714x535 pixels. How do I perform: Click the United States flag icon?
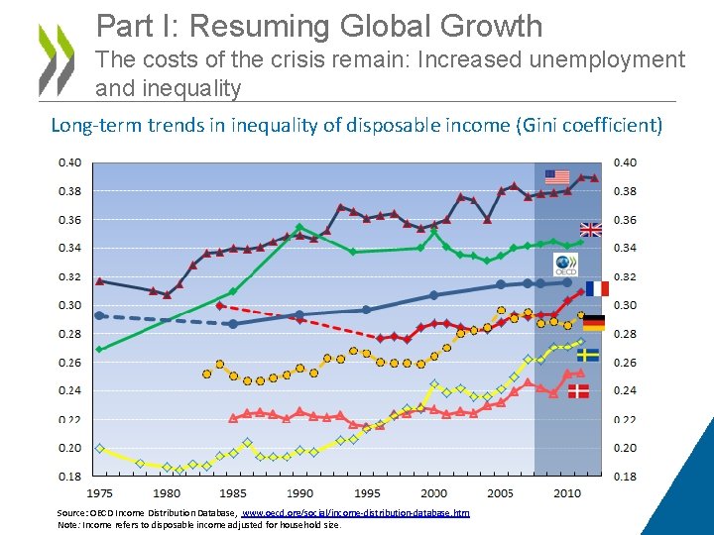pos(557,177)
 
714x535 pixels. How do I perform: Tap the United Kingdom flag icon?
pos(590,230)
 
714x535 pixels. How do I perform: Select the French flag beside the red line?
pos(597,288)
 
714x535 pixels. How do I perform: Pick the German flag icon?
pos(594,323)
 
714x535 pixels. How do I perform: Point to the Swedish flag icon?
pos(588,354)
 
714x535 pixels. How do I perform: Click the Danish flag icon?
pos(577,391)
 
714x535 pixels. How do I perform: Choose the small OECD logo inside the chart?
pos(565,265)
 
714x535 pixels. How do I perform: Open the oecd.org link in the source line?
pos(356,512)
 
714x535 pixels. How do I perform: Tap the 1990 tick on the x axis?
pos(299,492)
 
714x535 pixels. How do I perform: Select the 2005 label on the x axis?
pos(501,492)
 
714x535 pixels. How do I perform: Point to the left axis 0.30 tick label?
pos(69,305)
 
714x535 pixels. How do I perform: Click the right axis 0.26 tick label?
pos(628,363)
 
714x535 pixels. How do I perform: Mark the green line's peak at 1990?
pos(299,227)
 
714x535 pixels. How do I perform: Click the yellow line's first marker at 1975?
pos(99,449)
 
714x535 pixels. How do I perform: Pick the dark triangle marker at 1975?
pos(99,281)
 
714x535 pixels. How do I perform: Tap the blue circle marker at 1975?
pos(99,315)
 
